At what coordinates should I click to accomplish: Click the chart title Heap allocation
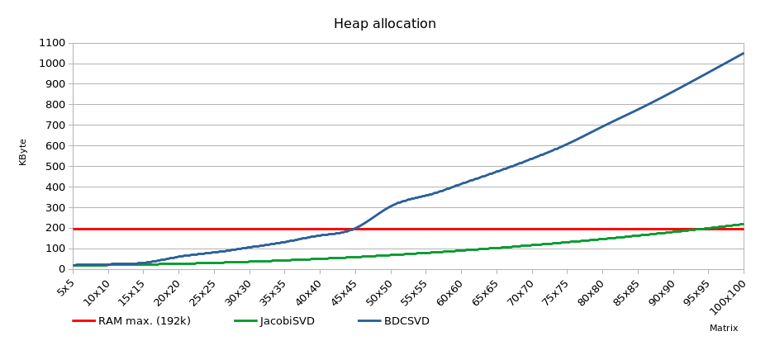[384, 24]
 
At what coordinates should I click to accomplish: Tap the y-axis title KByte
[23, 152]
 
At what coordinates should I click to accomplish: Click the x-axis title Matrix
[723, 329]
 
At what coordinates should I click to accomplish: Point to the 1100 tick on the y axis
[51, 43]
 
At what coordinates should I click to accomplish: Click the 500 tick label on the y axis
[55, 166]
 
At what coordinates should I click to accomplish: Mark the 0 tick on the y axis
[61, 269]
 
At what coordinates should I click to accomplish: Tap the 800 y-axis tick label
[55, 105]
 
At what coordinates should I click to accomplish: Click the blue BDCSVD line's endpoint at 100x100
[744, 53]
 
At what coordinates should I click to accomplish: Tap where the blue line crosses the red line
[354, 229]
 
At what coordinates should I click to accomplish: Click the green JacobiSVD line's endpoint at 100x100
[744, 224]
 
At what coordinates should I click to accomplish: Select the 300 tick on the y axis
[55, 207]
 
